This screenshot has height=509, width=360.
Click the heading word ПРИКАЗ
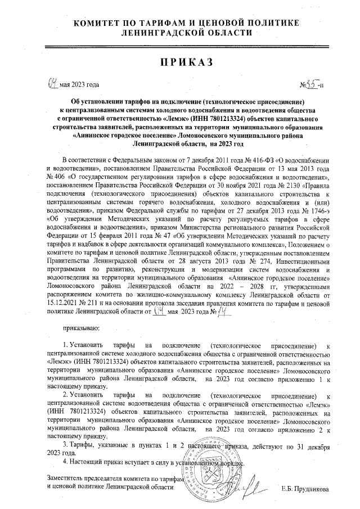coord(179,62)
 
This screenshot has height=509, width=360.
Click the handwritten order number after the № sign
coord(313,84)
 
